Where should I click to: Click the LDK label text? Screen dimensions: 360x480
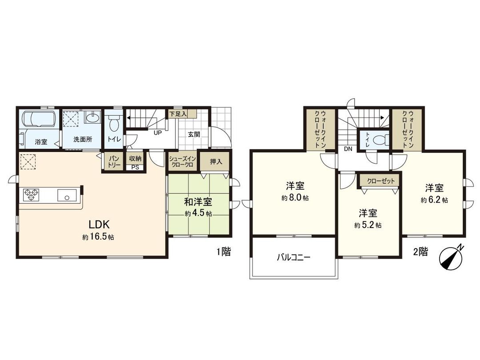coord(98,224)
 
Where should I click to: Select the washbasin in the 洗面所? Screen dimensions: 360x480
coord(92,118)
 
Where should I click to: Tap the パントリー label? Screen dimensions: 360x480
coord(111,161)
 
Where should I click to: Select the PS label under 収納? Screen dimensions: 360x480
coord(135,168)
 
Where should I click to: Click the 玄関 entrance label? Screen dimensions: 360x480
coord(193,135)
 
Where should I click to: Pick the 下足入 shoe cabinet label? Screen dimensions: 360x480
coord(177,114)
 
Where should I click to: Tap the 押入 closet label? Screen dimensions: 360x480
coord(216,162)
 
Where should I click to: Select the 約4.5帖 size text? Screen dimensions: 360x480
coord(198,213)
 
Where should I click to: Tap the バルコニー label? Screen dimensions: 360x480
coord(293,257)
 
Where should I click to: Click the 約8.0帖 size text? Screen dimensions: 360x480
coord(295,198)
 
